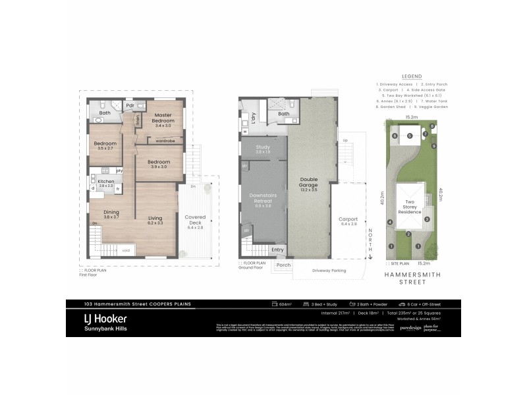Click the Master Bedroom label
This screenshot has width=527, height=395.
point(163,118)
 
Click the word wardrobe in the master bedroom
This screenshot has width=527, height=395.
point(165,140)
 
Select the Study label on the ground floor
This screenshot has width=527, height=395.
point(263,148)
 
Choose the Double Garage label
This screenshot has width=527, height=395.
point(309,181)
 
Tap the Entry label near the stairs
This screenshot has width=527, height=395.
point(277,250)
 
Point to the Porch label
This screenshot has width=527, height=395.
point(283,265)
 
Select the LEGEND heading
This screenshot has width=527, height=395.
point(410,76)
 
